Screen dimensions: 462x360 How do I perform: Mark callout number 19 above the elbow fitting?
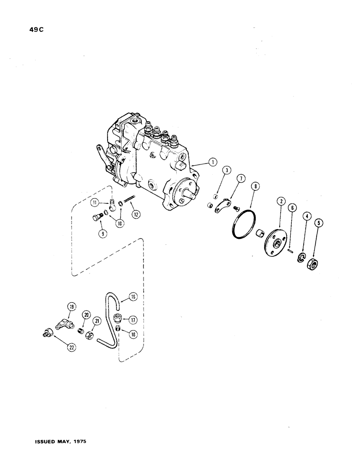pyautogui.click(x=71, y=306)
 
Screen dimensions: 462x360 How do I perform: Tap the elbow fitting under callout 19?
pyautogui.click(x=63, y=324)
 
